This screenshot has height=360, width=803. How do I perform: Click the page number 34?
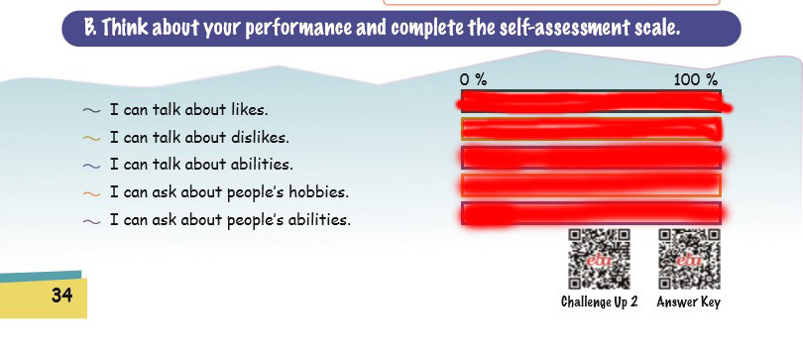(x=62, y=296)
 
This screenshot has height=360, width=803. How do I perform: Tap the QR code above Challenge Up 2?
(x=599, y=259)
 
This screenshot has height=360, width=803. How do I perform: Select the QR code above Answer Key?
(x=689, y=259)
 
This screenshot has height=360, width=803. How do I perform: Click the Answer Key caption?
(x=688, y=302)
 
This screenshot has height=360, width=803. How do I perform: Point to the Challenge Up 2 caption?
(x=599, y=301)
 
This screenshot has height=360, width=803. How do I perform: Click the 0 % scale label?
(x=473, y=80)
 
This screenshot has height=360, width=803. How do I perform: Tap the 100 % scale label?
(x=696, y=80)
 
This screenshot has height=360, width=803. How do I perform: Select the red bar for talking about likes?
(x=593, y=101)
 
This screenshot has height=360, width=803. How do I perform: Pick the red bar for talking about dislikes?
(x=592, y=129)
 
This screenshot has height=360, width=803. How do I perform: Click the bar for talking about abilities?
(x=594, y=158)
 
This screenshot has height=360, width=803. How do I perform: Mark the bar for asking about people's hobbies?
(x=592, y=185)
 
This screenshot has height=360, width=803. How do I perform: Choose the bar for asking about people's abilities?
(x=594, y=213)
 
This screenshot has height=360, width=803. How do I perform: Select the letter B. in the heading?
(x=90, y=28)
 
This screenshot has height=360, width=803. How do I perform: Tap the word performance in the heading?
(x=299, y=29)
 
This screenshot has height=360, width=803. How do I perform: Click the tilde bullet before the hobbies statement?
(x=91, y=193)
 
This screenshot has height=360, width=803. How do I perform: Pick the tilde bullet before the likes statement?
(x=91, y=111)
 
